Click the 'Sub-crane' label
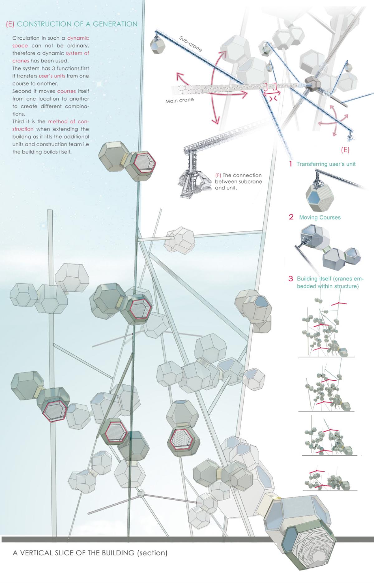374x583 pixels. [190, 43]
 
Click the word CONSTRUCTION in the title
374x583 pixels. [43, 24]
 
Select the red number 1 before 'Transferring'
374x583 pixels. [290, 164]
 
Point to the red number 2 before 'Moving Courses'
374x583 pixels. [291, 217]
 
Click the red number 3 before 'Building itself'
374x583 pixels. [291, 278]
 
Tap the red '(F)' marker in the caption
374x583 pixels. [218, 175]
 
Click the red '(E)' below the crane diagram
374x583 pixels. [345, 150]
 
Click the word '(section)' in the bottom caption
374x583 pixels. [152, 553]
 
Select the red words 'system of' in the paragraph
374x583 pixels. [77, 53]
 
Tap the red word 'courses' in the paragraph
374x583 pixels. [67, 91]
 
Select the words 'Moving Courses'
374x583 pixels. [320, 217]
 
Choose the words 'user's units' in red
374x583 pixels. [52, 76]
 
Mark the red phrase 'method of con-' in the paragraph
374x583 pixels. [69, 121]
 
